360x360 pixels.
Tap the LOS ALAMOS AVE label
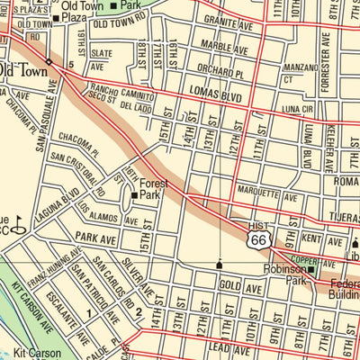(103, 213)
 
